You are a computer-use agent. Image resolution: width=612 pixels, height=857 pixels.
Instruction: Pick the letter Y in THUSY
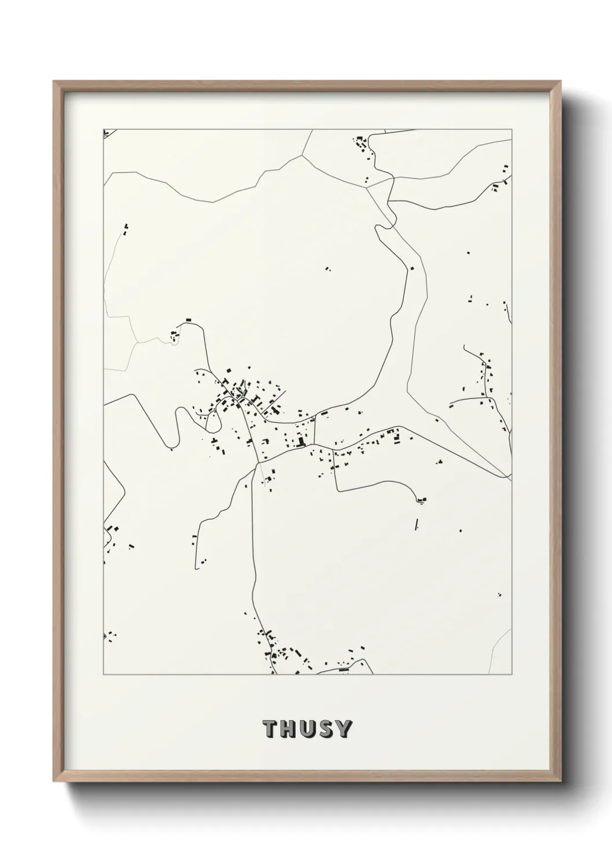pyautogui.click(x=343, y=729)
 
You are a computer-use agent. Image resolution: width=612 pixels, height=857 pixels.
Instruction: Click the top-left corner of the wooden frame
pyautogui.click(x=54, y=82)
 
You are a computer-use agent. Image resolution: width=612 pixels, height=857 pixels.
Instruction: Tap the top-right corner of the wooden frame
pyautogui.click(x=561, y=82)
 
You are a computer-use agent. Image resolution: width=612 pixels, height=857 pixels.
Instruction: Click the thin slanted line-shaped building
pyautogui.click(x=416, y=525)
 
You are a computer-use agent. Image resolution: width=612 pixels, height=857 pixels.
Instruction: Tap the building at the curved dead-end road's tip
pyautogui.click(x=422, y=499)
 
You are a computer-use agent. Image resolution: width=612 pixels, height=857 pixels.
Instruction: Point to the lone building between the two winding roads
pyautogui.click(x=412, y=268)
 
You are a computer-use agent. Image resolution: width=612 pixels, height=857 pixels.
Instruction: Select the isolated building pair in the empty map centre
pyautogui.click(x=327, y=268)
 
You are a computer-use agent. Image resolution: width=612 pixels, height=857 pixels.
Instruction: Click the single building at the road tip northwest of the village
pyautogui.click(x=188, y=320)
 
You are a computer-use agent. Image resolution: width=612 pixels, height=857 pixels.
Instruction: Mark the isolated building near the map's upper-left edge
pyautogui.click(x=126, y=226)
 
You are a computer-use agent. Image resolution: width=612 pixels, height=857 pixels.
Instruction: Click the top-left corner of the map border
pyautogui.click(x=104, y=130)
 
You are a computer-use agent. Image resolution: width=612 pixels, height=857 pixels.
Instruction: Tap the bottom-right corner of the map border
pyautogui.click(x=512, y=675)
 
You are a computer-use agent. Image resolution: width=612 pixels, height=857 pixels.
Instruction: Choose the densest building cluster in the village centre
pyautogui.click(x=237, y=394)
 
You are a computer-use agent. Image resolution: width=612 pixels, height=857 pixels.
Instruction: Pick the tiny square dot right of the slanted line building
pyautogui.click(x=460, y=530)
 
